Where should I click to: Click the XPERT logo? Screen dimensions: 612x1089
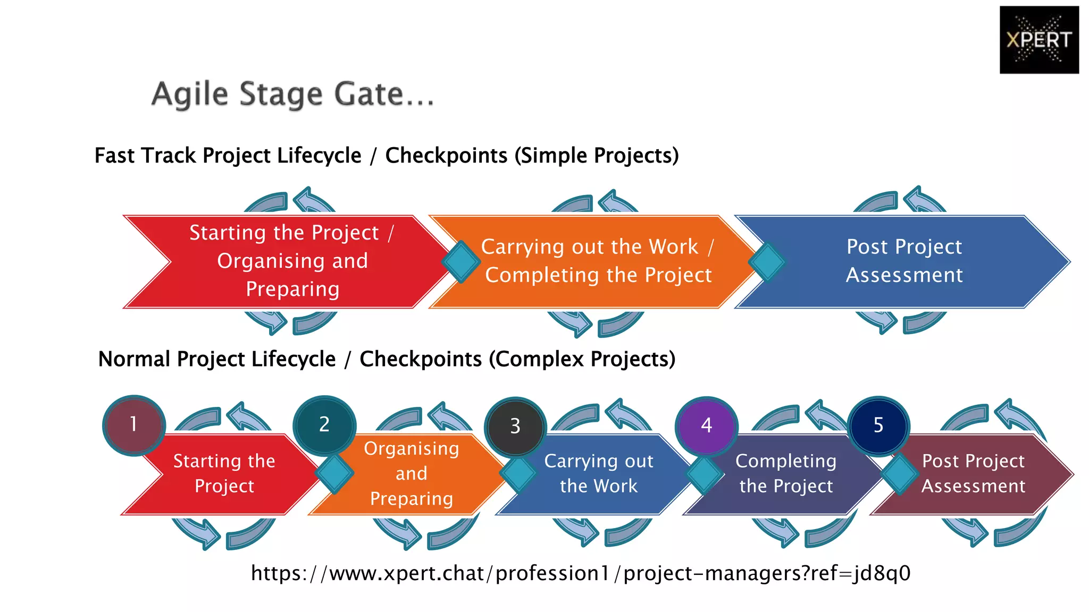[x=1038, y=40]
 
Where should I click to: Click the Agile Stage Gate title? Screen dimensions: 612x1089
[x=293, y=95]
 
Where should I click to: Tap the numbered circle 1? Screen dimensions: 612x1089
[x=134, y=425]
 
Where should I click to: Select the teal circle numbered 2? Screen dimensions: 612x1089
[x=324, y=425]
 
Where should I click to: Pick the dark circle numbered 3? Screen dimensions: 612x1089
[x=515, y=426]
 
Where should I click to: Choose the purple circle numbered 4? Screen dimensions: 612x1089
[x=706, y=426]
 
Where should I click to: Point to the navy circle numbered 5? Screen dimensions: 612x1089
[x=878, y=426]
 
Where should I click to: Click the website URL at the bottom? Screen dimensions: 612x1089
[x=581, y=573]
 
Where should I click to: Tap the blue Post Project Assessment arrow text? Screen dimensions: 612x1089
[x=904, y=261]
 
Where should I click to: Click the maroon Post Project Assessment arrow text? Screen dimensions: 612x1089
[x=973, y=473]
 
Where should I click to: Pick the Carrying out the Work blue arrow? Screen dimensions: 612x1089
[x=598, y=473]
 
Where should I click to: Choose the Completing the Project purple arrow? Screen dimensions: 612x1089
[x=785, y=473]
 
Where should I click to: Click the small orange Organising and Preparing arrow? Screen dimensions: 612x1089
[x=411, y=473]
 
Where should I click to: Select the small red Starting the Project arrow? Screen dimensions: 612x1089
[x=224, y=473]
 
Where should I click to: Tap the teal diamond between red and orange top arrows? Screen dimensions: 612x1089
[x=460, y=261]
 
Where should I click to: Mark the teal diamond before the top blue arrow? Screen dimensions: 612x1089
[x=767, y=261]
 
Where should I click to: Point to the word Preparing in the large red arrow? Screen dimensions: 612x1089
[x=292, y=289]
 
